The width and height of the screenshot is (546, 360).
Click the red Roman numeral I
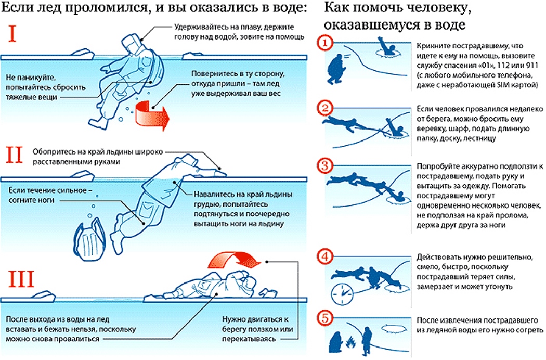click(x=15, y=35)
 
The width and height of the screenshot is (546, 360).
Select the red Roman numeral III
click(x=20, y=280)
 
